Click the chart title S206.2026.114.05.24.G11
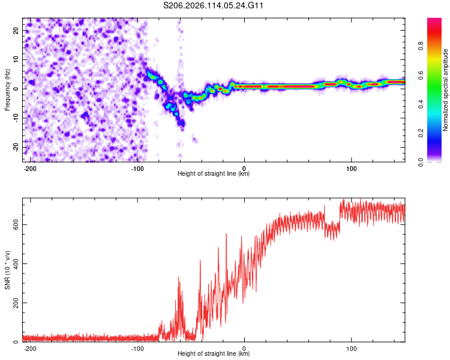[x=213, y=5]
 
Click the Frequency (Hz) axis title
[x=7, y=90]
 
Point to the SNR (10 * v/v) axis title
[x=7, y=270]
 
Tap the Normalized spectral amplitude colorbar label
[x=445, y=90]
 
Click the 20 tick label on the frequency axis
[x=16, y=30]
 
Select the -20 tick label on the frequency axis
[x=16, y=147]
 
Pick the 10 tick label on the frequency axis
[x=16, y=59]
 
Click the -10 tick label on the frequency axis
[x=16, y=118]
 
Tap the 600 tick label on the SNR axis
[x=16, y=224]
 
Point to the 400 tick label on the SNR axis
[x=16, y=263]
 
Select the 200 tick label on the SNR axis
[x=16, y=302]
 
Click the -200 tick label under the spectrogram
[x=30, y=169]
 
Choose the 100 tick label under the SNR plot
[x=351, y=349]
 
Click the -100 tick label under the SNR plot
[x=137, y=349]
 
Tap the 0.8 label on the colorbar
[x=421, y=46]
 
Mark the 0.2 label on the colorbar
[x=421, y=133]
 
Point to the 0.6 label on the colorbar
[x=421, y=75]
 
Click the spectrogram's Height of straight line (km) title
[x=214, y=173]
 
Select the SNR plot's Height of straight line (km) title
[x=214, y=353]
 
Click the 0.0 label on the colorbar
[x=421, y=162]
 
